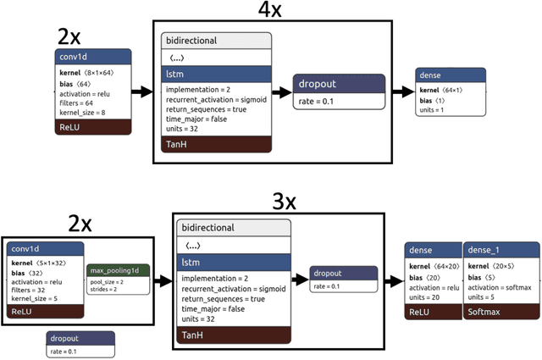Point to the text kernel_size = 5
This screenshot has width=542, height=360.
click(x=36, y=297)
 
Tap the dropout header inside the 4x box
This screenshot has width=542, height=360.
click(x=339, y=84)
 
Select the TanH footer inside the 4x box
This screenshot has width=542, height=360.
click(x=216, y=144)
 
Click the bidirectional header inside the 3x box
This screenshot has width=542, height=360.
click(x=233, y=227)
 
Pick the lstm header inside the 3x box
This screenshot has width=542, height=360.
click(x=233, y=263)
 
